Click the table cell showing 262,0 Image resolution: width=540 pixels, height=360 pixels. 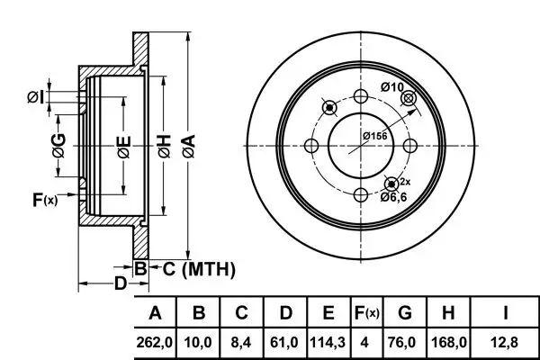pyautogui.click(x=155, y=342)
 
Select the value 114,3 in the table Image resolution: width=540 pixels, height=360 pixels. pyautogui.click(x=328, y=342)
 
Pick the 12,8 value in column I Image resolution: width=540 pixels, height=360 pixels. pyautogui.click(x=506, y=342)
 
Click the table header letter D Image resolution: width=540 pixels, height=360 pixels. pyautogui.click(x=285, y=313)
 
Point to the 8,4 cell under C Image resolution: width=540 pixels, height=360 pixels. pyautogui.click(x=242, y=342)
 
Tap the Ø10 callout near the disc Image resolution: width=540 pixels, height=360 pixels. pyautogui.click(x=392, y=86)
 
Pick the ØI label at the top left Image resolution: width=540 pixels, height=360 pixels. pyautogui.click(x=33, y=96)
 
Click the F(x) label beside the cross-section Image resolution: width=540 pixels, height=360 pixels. pyautogui.click(x=44, y=200)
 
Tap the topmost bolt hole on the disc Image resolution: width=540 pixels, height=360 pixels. pyautogui.click(x=361, y=97)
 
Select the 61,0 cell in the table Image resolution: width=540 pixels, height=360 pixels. pyautogui.click(x=285, y=342)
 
